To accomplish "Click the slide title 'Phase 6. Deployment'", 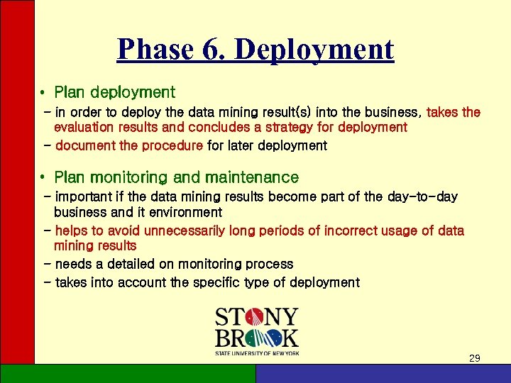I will [255, 50].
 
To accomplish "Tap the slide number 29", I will [475, 358].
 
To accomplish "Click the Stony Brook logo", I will [256, 328].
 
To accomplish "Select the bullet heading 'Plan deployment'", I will [114, 92].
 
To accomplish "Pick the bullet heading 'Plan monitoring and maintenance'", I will [176, 177].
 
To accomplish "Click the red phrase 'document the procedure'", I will [128, 146].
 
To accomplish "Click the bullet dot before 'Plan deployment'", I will [43, 93].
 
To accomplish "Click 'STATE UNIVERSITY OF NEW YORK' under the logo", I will [257, 353].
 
